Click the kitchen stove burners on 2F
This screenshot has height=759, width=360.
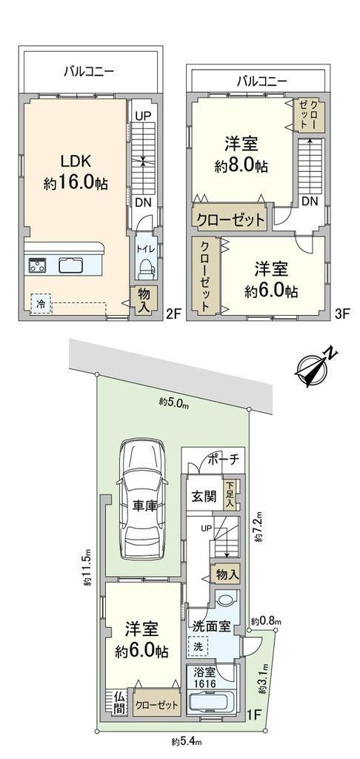[37, 265]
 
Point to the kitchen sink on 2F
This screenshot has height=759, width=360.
[70, 265]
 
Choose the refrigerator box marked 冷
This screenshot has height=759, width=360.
[41, 305]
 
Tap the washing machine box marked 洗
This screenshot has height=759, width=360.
[198, 646]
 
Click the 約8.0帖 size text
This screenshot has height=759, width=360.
[241, 167]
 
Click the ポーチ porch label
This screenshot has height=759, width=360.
[222, 459]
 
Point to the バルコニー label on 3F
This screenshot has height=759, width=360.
[261, 81]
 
